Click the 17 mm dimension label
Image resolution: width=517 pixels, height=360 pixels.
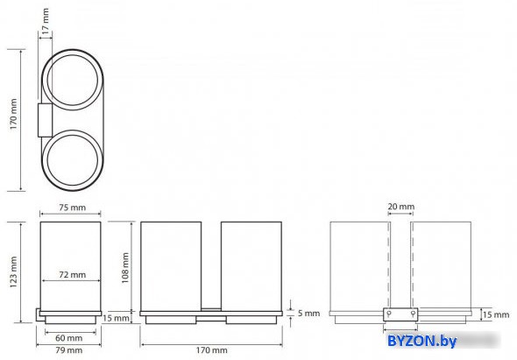(x=46, y=21)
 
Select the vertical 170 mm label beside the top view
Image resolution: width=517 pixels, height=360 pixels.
(x=13, y=114)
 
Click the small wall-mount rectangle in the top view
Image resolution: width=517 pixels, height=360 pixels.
(x=45, y=120)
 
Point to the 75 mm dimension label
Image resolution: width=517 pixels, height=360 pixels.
(x=72, y=208)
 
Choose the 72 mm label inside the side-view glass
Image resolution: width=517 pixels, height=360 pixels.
(x=72, y=275)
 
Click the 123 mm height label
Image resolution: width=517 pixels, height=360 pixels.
(x=13, y=272)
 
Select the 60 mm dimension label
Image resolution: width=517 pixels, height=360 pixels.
(x=68, y=338)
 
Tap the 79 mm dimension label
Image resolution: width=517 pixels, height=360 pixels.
(x=68, y=350)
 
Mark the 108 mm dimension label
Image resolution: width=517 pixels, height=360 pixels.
(x=125, y=268)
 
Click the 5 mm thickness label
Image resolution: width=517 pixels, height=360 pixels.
(x=308, y=313)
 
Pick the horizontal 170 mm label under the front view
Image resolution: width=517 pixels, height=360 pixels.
(x=212, y=350)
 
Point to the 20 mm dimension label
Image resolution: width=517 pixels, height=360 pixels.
(x=401, y=207)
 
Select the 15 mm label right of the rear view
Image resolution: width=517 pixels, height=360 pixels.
(x=496, y=314)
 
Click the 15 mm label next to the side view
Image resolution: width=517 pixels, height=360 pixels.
(x=116, y=318)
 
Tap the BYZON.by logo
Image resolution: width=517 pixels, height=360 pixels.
(x=422, y=341)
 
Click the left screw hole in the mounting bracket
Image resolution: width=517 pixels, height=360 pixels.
(x=389, y=314)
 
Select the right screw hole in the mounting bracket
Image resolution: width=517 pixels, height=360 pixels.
(x=413, y=314)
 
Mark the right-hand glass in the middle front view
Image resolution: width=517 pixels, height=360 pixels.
(x=251, y=266)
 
